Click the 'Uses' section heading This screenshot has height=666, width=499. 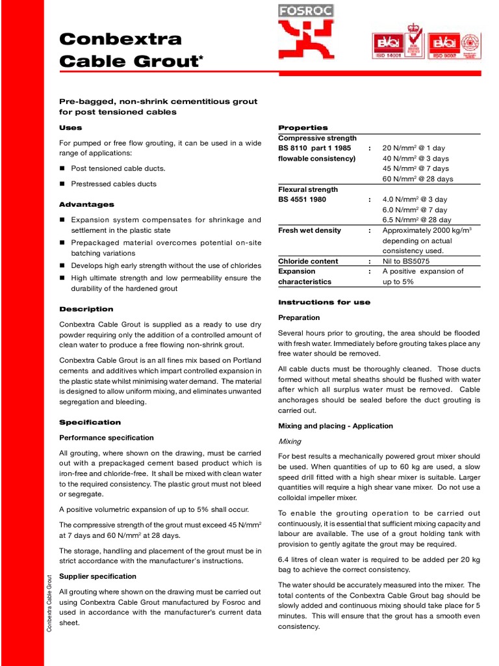[71, 128]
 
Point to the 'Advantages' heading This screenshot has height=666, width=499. [86, 204]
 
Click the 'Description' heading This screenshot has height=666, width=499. [86, 309]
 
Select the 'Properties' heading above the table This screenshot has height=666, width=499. [303, 127]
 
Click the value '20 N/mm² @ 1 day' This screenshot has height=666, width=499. [415, 148]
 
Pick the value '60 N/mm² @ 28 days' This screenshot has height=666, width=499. [418, 179]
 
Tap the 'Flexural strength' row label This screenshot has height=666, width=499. [308, 189]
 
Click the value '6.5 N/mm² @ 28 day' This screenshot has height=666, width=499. [416, 220]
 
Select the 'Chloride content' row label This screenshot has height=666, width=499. [308, 261]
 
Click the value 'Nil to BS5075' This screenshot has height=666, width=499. [405, 261]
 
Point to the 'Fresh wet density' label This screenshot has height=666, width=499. [309, 230]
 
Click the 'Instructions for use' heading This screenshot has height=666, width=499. [324, 302]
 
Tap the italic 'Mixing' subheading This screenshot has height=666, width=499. [290, 441]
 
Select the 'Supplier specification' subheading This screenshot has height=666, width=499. [97, 576]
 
